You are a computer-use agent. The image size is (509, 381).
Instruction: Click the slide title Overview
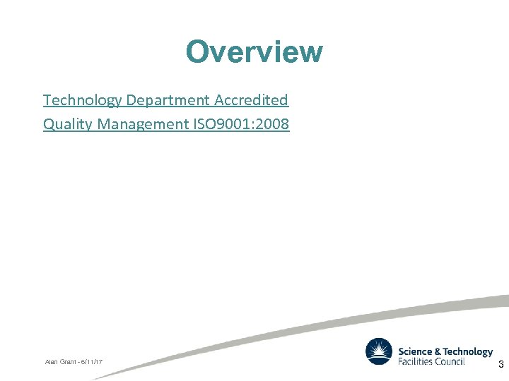[x=254, y=52]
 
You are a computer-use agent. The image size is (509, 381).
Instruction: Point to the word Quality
[x=68, y=125]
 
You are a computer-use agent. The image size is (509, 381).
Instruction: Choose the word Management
[x=144, y=125]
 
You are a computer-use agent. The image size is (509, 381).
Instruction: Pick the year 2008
[x=270, y=125]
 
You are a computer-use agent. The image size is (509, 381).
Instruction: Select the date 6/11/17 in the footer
[x=92, y=362]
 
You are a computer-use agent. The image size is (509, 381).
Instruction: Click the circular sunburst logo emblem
[x=379, y=351]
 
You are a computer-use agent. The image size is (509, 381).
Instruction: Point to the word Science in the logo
[x=414, y=351]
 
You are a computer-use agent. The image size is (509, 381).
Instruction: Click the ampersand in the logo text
[x=438, y=351]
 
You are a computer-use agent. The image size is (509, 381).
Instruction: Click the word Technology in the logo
[x=467, y=351]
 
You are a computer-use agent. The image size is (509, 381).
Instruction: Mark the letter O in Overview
[x=197, y=52]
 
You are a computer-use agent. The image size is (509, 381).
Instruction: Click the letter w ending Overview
[x=310, y=52]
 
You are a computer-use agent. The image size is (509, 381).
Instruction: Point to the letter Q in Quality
[x=49, y=125]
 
